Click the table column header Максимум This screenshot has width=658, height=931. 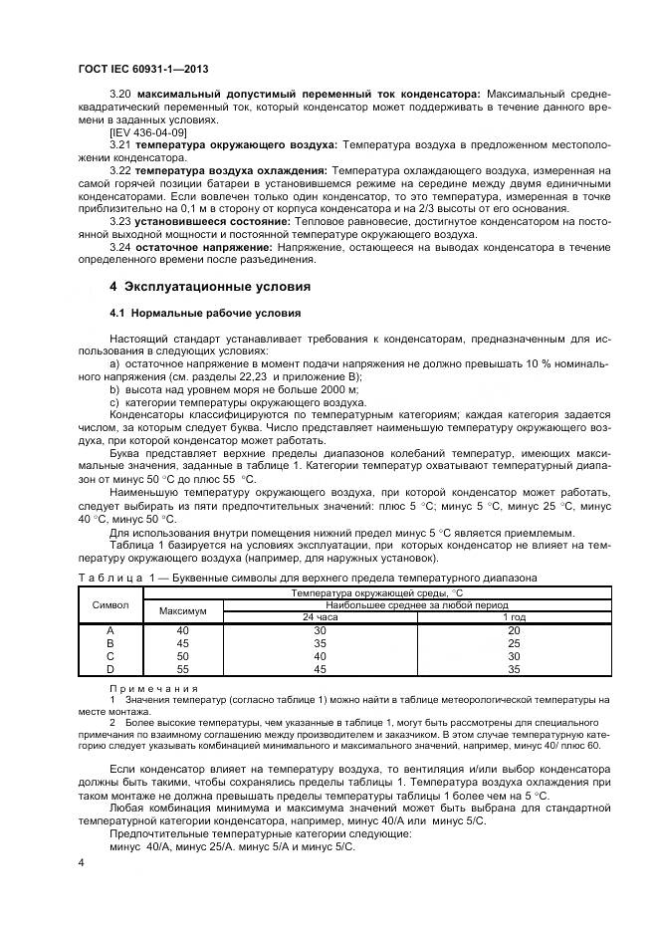point(182,610)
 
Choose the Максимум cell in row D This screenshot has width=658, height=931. point(182,669)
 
